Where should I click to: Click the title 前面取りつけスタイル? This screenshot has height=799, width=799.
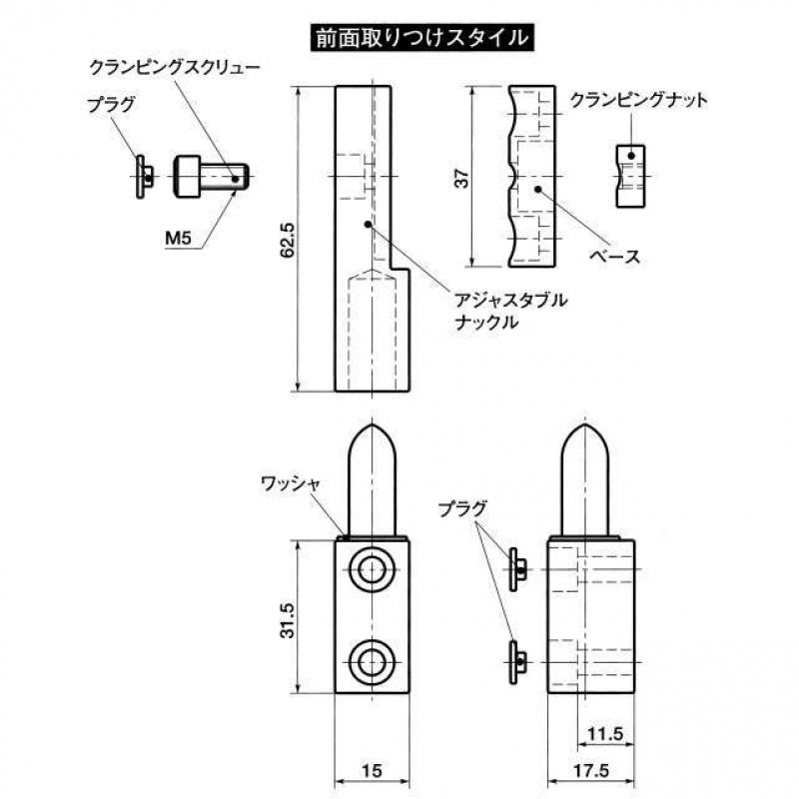coord(421,38)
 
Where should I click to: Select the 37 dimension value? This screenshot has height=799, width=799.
coord(461,179)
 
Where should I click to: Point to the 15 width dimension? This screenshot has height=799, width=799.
coord(372,770)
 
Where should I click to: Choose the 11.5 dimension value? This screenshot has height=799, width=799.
coord(605,734)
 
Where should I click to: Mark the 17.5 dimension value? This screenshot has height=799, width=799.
coord(591,770)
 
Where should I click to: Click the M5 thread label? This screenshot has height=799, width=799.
coord(179,238)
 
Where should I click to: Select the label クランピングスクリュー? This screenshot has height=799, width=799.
coord(175,67)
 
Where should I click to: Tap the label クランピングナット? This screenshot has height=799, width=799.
coord(638,100)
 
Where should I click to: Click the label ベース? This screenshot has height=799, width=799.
coord(614,256)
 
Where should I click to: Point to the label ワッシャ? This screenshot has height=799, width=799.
coord(290,483)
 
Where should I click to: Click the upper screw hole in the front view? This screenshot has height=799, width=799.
coord(372,569)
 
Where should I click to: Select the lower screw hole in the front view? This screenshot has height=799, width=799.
coord(372,662)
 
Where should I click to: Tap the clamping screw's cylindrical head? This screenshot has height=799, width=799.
coord(187,177)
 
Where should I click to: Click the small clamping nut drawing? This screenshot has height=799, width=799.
coord(630,177)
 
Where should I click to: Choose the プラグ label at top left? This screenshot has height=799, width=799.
coord(111,105)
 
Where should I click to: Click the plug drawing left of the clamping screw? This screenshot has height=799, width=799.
coord(143,177)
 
